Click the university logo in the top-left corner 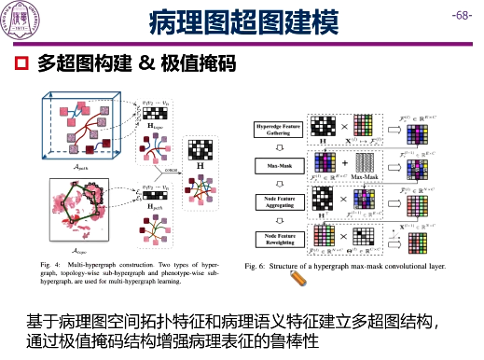pyautogui.click(x=20, y=21)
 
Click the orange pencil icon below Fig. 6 pyautogui.click(x=298, y=277)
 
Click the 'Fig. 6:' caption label pyautogui.click(x=256, y=266)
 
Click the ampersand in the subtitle pyautogui.click(x=145, y=64)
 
